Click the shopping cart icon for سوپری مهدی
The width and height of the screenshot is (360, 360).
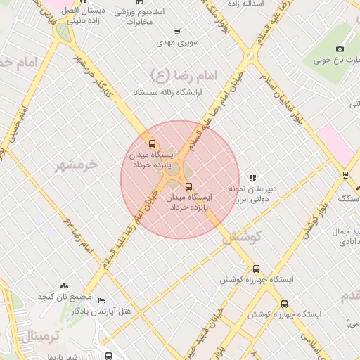coord(176,32)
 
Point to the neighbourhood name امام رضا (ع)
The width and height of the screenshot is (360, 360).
coord(184,73)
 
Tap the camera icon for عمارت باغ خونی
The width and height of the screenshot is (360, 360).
coord(340,49)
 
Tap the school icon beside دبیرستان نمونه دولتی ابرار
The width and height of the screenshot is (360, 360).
coord(252,177)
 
